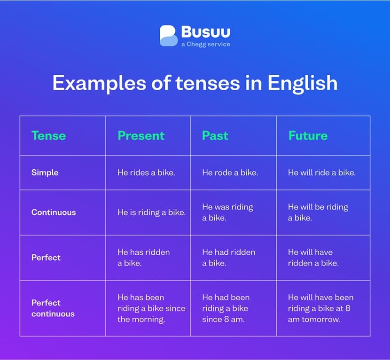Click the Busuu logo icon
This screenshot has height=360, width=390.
(169, 36)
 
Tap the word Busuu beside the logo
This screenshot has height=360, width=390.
(205, 32)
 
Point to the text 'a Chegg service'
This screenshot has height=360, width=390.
(205, 45)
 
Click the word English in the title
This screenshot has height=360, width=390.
(303, 83)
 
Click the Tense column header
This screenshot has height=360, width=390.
(48, 136)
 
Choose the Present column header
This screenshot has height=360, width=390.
(141, 136)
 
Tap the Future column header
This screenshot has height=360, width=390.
(308, 136)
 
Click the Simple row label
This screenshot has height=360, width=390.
(45, 172)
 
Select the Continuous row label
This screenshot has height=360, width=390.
(54, 212)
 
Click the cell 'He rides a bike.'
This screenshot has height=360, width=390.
(146, 172)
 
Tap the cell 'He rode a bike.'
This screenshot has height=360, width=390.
(230, 172)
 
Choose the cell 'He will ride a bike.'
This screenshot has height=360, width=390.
(322, 172)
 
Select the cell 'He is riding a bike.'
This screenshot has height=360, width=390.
(151, 212)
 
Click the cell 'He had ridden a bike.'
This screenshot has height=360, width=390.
(229, 258)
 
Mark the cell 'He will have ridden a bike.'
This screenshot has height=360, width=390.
(313, 258)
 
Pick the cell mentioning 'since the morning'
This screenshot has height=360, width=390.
(151, 308)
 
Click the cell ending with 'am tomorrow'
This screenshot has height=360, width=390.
(320, 308)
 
